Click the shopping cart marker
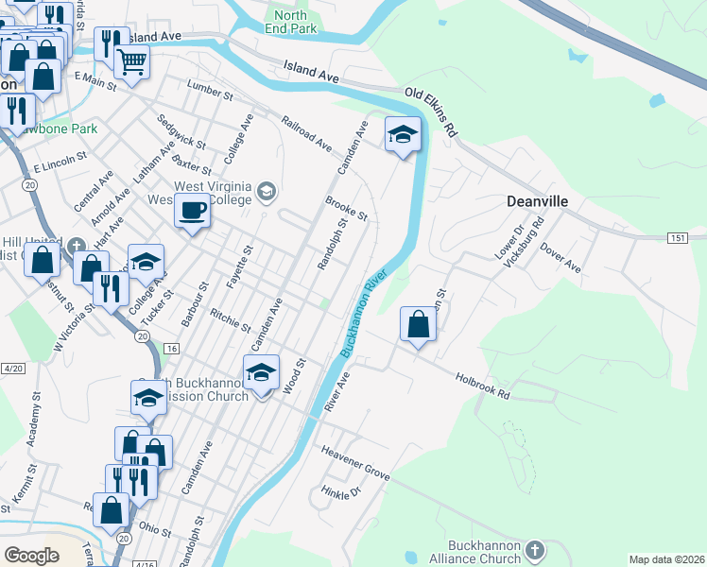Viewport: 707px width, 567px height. tap(131, 62)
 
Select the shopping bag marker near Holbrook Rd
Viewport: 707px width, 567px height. tap(417, 325)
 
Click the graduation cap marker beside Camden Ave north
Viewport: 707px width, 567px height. tap(402, 134)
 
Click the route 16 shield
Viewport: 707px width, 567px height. tap(171, 349)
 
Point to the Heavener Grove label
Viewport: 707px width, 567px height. tap(355, 460)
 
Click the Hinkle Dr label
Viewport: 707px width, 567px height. tap(341, 492)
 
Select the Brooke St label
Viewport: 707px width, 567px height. tap(346, 208)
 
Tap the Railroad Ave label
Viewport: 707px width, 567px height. tap(307, 133)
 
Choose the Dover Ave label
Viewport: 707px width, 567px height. tap(560, 258)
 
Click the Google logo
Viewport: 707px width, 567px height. tap(32, 556)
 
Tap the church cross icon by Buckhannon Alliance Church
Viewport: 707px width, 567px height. tap(535, 550)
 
